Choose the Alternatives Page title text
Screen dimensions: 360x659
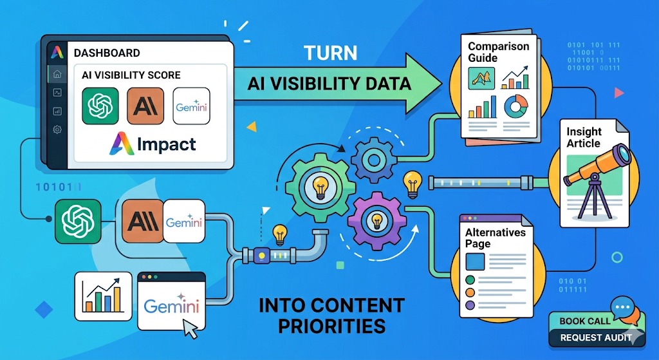tap(495, 238)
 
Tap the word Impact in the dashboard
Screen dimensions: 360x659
tap(165, 144)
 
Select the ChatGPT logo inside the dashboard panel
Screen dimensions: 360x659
tap(100, 106)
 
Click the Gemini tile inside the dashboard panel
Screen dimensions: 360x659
tap(192, 106)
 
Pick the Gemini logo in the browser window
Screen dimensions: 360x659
tap(170, 305)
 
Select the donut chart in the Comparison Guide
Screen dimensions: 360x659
tap(515, 107)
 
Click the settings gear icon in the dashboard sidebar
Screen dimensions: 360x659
tap(57, 129)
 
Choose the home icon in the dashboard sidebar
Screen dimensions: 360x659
tap(57, 73)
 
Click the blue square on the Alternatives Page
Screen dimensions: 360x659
tap(475, 261)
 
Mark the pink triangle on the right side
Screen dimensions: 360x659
tap(620, 93)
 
